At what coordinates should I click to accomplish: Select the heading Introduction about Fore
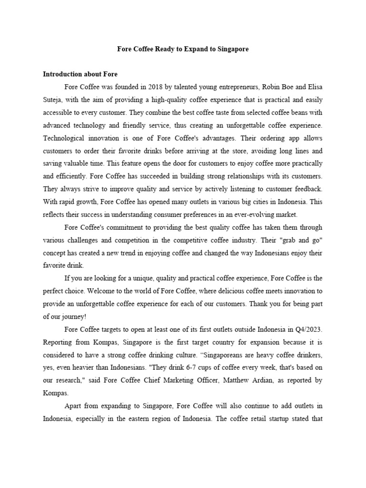point(80,74)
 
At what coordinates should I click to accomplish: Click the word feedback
point(306,189)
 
